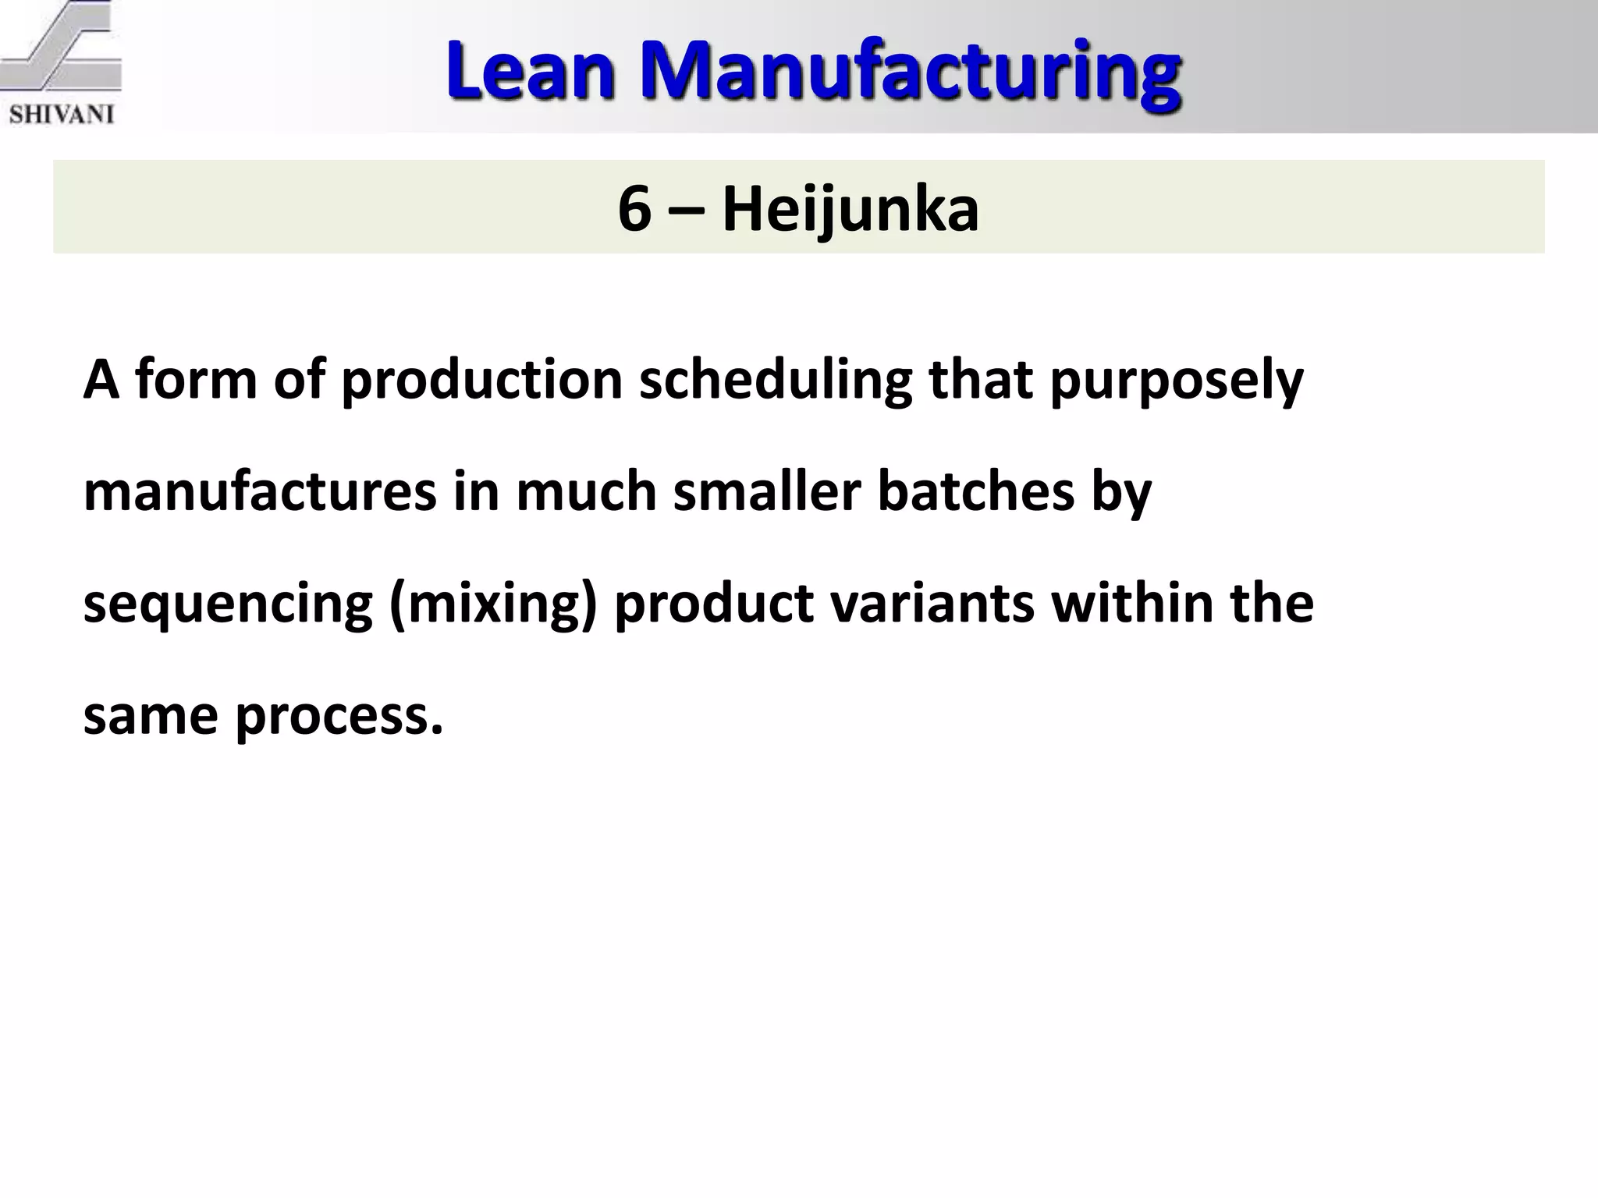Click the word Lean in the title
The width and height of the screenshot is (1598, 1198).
[530, 73]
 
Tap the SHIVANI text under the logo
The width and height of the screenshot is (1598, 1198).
[62, 115]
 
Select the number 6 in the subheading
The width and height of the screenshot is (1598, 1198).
[634, 209]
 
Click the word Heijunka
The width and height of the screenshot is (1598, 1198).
[850, 209]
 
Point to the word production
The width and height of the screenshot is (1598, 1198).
[482, 381]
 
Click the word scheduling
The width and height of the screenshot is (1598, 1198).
[776, 381]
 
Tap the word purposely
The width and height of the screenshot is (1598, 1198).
[1177, 381]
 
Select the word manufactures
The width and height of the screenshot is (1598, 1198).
[260, 492]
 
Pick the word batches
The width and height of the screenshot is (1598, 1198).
[976, 492]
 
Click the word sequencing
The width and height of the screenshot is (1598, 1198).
[228, 604]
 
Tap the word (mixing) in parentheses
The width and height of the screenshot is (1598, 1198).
[493, 604]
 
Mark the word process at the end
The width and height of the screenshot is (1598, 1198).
[339, 716]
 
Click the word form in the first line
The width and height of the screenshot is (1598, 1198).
[196, 381]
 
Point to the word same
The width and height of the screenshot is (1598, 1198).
[151, 716]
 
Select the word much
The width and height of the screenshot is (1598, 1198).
[586, 492]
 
